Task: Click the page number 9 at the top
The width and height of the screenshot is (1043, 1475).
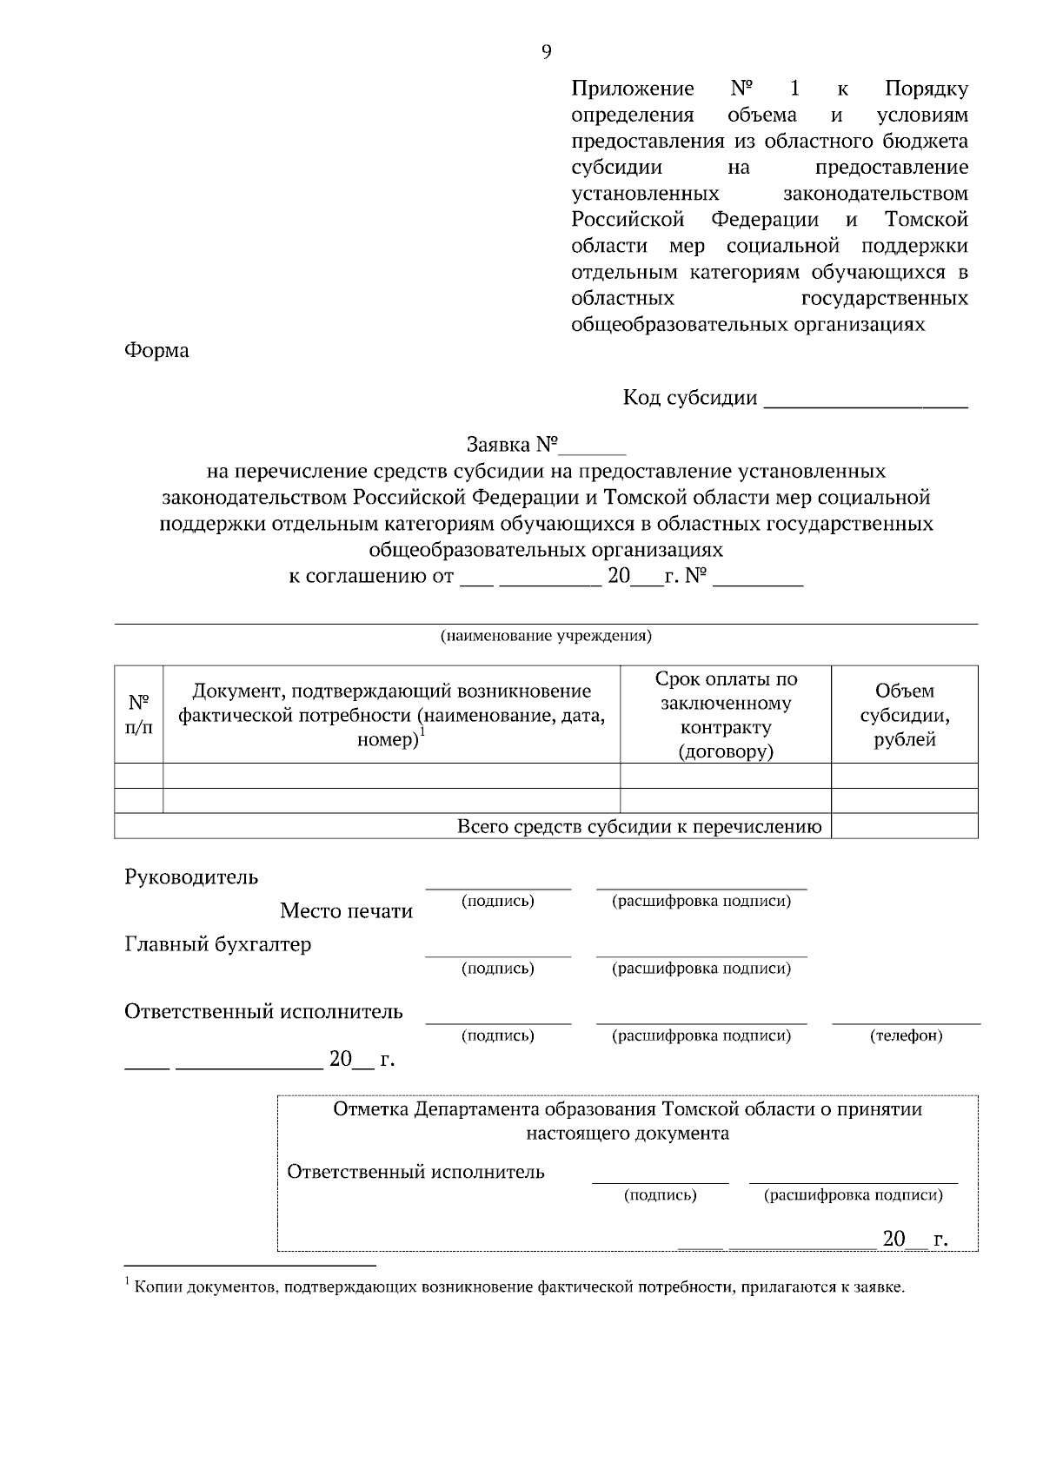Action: point(546,52)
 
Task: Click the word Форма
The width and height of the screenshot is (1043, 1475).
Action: point(156,351)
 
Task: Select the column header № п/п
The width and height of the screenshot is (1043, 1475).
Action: point(138,714)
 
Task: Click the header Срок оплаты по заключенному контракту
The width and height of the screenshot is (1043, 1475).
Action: point(726,714)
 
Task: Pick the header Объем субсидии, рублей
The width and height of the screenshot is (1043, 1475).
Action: point(904,714)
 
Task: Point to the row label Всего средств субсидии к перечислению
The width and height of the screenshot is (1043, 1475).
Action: point(639,826)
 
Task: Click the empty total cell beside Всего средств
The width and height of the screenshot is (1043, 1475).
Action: point(904,826)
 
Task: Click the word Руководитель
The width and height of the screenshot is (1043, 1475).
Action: point(191,876)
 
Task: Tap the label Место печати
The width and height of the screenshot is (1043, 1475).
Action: point(346,910)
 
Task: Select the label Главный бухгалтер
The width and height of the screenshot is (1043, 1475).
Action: point(217,944)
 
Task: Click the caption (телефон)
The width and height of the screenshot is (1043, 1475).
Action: point(906,1035)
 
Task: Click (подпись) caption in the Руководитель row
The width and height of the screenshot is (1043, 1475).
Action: point(497,901)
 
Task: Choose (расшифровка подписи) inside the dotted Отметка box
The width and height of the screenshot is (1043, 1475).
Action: point(853,1194)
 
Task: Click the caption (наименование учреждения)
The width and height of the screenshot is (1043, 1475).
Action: point(546,636)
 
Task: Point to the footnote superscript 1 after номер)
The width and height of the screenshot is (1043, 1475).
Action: point(422,732)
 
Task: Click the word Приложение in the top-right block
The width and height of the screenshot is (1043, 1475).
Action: point(632,89)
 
